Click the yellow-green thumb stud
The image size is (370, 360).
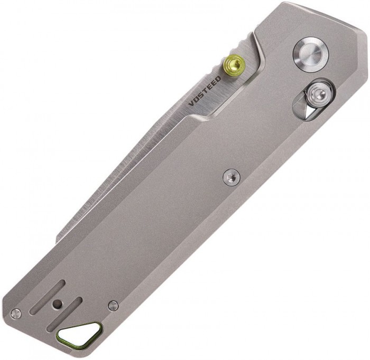[x=234, y=64]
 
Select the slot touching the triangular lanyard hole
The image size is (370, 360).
[x=64, y=315]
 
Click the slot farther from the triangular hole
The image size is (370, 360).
[x=47, y=297]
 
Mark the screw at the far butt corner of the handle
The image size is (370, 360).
[x=16, y=314]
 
